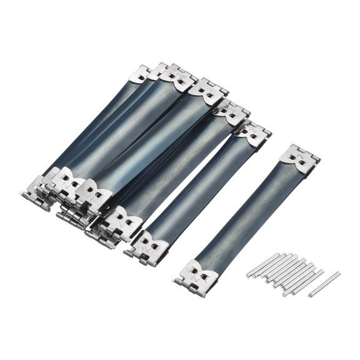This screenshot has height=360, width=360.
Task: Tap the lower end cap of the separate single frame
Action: tap(200, 273)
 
